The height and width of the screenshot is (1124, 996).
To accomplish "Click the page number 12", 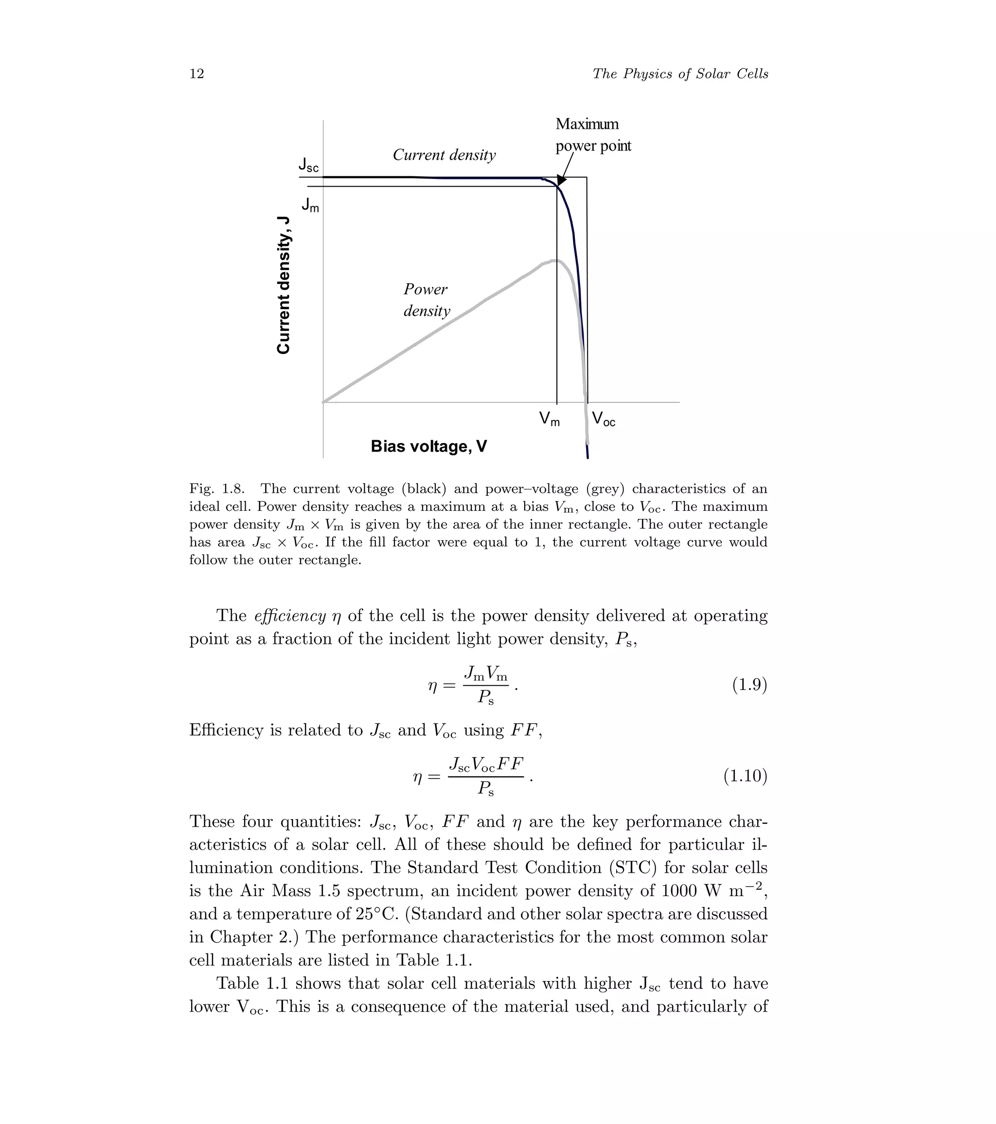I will (x=196, y=74).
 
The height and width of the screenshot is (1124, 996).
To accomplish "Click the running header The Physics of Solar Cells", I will (x=680, y=74).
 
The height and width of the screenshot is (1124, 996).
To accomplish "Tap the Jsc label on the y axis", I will (x=308, y=164).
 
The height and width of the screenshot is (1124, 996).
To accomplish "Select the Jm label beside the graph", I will (x=310, y=206).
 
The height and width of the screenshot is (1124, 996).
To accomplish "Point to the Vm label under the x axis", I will (x=549, y=419).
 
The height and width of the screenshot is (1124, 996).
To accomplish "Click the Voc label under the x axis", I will (x=603, y=419).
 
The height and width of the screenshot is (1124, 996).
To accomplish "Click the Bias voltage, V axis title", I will (x=428, y=446).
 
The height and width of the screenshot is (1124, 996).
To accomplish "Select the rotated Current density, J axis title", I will (x=284, y=285).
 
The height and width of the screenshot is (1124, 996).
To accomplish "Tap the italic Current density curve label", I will (x=444, y=155).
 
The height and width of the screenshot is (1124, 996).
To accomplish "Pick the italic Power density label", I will (x=427, y=300).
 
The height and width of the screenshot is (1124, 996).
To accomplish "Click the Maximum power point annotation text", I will (x=593, y=135).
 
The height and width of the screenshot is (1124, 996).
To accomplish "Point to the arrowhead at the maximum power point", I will (x=561, y=180).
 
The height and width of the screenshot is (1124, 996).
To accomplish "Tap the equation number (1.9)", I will (x=749, y=685).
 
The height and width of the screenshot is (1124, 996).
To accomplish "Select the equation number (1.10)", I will (x=745, y=776).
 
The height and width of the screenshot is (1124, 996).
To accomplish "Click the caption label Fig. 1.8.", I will (x=217, y=488).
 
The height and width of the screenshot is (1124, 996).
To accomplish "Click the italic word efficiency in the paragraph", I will (x=290, y=615).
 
